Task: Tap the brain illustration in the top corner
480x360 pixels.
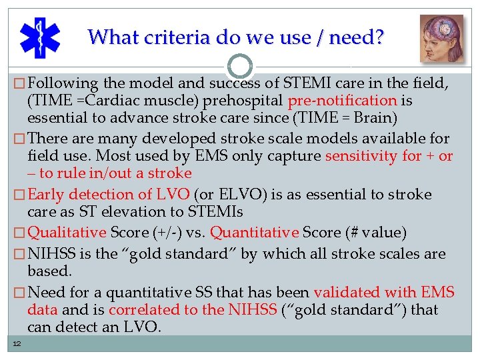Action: tap(441, 38)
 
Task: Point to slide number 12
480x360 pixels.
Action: tap(16, 343)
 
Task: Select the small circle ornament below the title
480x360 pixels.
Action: tap(239, 66)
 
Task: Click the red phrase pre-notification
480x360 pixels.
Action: tap(343, 101)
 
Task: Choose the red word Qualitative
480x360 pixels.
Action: tap(67, 233)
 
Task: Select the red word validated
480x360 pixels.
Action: tap(346, 292)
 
